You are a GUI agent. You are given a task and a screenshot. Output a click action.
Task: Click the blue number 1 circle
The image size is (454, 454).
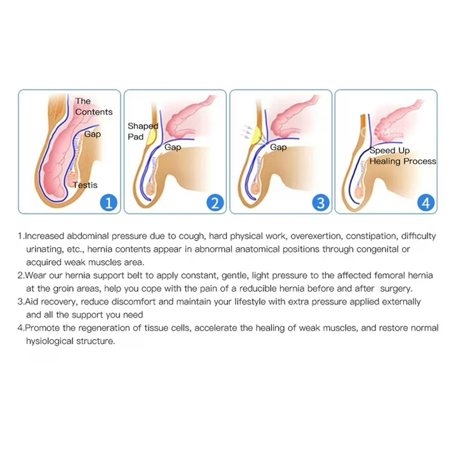coord(108,203)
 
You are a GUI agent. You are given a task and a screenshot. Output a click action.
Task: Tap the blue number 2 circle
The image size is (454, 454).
coord(215,203)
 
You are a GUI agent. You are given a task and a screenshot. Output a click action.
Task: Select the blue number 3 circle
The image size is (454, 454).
coord(321,203)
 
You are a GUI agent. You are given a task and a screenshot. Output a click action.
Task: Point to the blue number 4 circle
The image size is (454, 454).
coord(426,203)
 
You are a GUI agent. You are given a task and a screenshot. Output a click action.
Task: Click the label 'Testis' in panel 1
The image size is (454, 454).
coord(85,185)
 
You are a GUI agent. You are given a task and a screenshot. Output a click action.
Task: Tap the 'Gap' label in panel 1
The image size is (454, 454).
coord(93,134)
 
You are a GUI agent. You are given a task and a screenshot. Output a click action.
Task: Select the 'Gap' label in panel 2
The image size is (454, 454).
coord(173,147)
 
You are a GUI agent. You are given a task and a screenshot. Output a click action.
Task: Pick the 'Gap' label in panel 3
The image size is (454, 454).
coord(278,147)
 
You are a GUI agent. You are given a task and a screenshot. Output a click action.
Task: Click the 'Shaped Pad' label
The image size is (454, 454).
coord(143,131)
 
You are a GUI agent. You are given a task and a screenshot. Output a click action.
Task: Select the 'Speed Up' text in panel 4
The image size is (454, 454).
coord(390,151)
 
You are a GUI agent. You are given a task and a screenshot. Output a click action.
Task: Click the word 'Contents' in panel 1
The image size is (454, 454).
coord(94,112)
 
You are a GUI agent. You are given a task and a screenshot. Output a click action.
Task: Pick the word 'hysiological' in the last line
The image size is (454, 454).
coord(49,341)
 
